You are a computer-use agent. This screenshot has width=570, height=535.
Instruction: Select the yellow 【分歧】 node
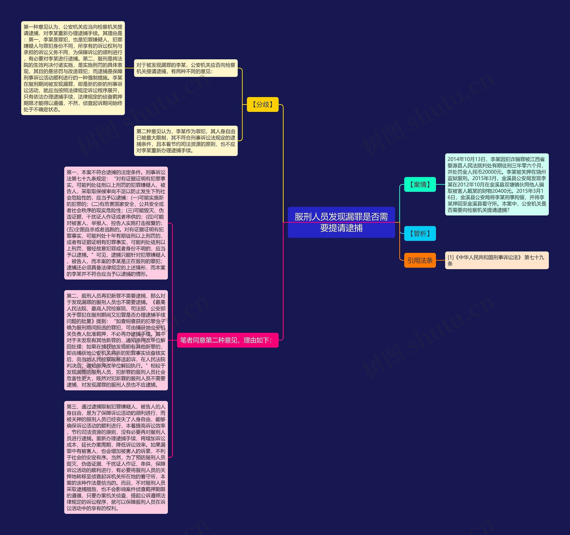click(263, 105)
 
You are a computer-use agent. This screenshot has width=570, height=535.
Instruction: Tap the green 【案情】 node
click(420, 184)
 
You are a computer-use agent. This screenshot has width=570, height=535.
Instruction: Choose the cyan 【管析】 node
click(420, 234)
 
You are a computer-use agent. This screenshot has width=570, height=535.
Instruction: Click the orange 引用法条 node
click(420, 260)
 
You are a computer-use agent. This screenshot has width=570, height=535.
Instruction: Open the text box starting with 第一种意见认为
click(73, 68)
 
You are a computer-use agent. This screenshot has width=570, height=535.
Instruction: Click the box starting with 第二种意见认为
click(186, 141)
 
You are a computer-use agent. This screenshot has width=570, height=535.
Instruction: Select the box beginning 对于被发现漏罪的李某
click(186, 68)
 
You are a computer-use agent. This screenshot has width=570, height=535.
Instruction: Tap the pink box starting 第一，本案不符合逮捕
click(116, 223)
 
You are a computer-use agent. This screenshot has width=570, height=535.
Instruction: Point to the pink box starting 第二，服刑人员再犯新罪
click(116, 340)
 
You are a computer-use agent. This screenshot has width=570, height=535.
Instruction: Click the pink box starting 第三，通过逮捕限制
click(116, 457)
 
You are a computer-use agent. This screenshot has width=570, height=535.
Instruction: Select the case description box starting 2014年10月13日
click(497, 184)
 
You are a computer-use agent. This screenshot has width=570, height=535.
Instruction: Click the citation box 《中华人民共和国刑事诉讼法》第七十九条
click(497, 260)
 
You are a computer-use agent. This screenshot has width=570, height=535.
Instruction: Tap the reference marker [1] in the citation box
click(450, 257)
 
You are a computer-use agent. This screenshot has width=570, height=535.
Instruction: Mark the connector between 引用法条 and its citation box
click(440, 260)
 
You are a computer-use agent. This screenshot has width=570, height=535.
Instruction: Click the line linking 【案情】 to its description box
click(440, 184)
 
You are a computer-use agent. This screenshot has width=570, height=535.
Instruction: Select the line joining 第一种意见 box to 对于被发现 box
click(129, 68)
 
